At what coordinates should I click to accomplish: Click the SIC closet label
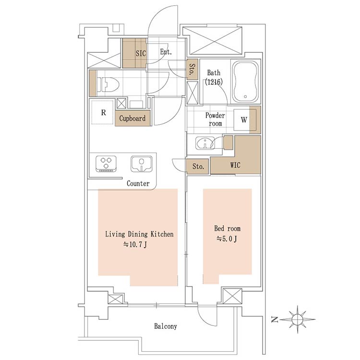[x=141, y=53]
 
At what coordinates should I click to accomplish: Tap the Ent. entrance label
[x=166, y=52]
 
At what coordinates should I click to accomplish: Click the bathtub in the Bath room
[x=245, y=82]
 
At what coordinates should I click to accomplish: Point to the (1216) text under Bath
[x=214, y=82]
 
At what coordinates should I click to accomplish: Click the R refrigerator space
[x=103, y=112]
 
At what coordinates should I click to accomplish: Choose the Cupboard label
[x=132, y=119]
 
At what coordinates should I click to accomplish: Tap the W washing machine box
[x=244, y=120]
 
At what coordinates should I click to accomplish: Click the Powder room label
[x=215, y=119]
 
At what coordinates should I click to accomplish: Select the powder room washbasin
[x=205, y=143]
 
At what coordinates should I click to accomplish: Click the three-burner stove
[x=106, y=164]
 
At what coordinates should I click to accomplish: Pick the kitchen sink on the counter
[x=142, y=164]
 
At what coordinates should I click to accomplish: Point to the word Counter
[x=138, y=183]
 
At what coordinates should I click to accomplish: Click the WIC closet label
[x=235, y=165]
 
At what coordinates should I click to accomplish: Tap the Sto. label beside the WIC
[x=198, y=166]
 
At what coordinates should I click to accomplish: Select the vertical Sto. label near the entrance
[x=192, y=69]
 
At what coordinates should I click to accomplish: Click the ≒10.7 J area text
[x=135, y=245]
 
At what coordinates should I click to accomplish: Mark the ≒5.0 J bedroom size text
[x=227, y=239]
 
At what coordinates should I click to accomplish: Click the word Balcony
[x=166, y=326]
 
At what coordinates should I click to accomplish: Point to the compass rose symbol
[x=297, y=319]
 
